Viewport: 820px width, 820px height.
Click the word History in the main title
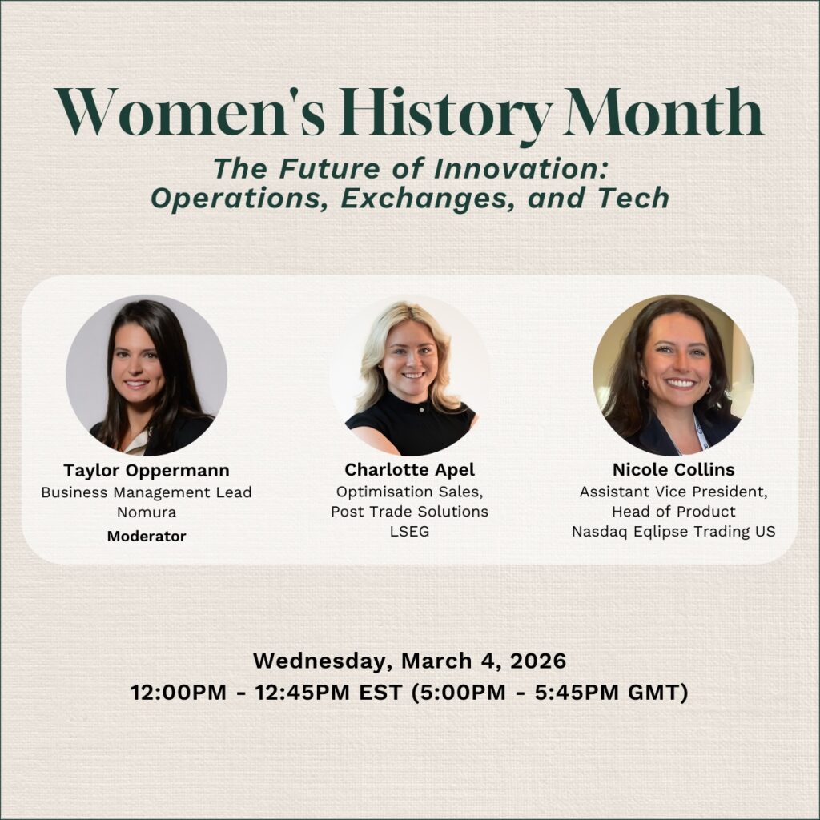pyautogui.click(x=444, y=112)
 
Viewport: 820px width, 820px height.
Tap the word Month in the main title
pyautogui.click(x=665, y=111)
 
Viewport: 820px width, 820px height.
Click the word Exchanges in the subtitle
pyautogui.click(x=426, y=198)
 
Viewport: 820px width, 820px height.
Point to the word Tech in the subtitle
pyautogui.click(x=634, y=198)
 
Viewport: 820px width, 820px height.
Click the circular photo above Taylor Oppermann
pyautogui.click(x=147, y=375)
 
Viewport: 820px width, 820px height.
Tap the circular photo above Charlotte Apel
pyautogui.click(x=409, y=375)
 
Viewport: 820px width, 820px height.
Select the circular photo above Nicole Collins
pyautogui.click(x=673, y=375)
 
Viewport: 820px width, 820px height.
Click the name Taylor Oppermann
pyautogui.click(x=147, y=471)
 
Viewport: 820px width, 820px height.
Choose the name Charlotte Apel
pyautogui.click(x=409, y=470)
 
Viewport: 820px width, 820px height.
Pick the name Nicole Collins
pyautogui.click(x=673, y=469)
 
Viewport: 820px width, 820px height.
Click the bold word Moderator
pyautogui.click(x=147, y=536)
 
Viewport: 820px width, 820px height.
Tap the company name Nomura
pyautogui.click(x=147, y=512)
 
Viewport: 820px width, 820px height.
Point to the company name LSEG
pyautogui.click(x=409, y=532)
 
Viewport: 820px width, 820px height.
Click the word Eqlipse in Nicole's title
pyautogui.click(x=661, y=532)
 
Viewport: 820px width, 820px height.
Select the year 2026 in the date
pyautogui.click(x=537, y=661)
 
